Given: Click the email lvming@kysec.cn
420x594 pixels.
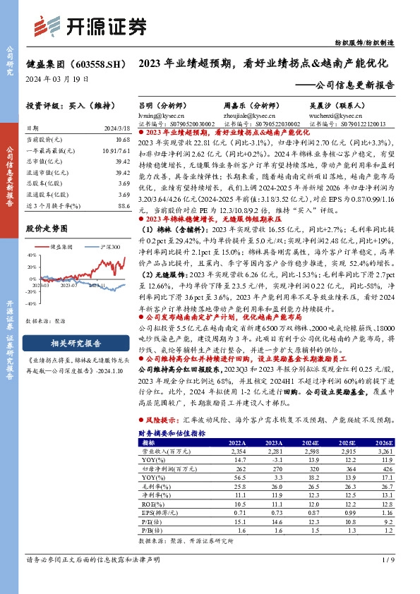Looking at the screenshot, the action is tap(155, 113).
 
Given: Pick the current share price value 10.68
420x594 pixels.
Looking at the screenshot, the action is tap(124, 140).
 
